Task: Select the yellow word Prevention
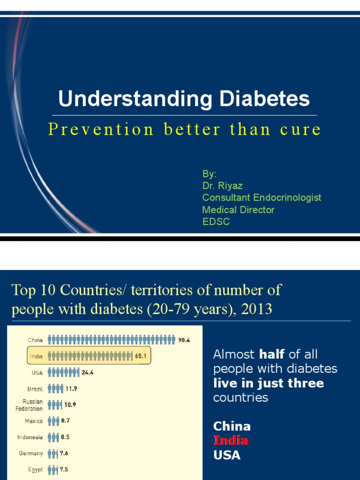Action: [x=101, y=129]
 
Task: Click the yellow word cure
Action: [x=300, y=129]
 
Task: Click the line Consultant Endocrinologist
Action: [x=262, y=197]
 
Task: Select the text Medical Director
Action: [x=238, y=210]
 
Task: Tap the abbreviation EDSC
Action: [x=216, y=222]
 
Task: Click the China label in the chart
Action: [x=35, y=340]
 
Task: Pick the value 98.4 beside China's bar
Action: [x=184, y=340]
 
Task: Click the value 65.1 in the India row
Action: [x=141, y=356]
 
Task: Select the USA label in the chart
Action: [x=37, y=373]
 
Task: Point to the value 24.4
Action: [x=88, y=373]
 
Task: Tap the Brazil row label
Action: [x=35, y=389]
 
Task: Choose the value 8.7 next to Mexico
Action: [x=65, y=421]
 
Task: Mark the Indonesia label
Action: [x=30, y=437]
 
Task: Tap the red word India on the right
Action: [x=231, y=441]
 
